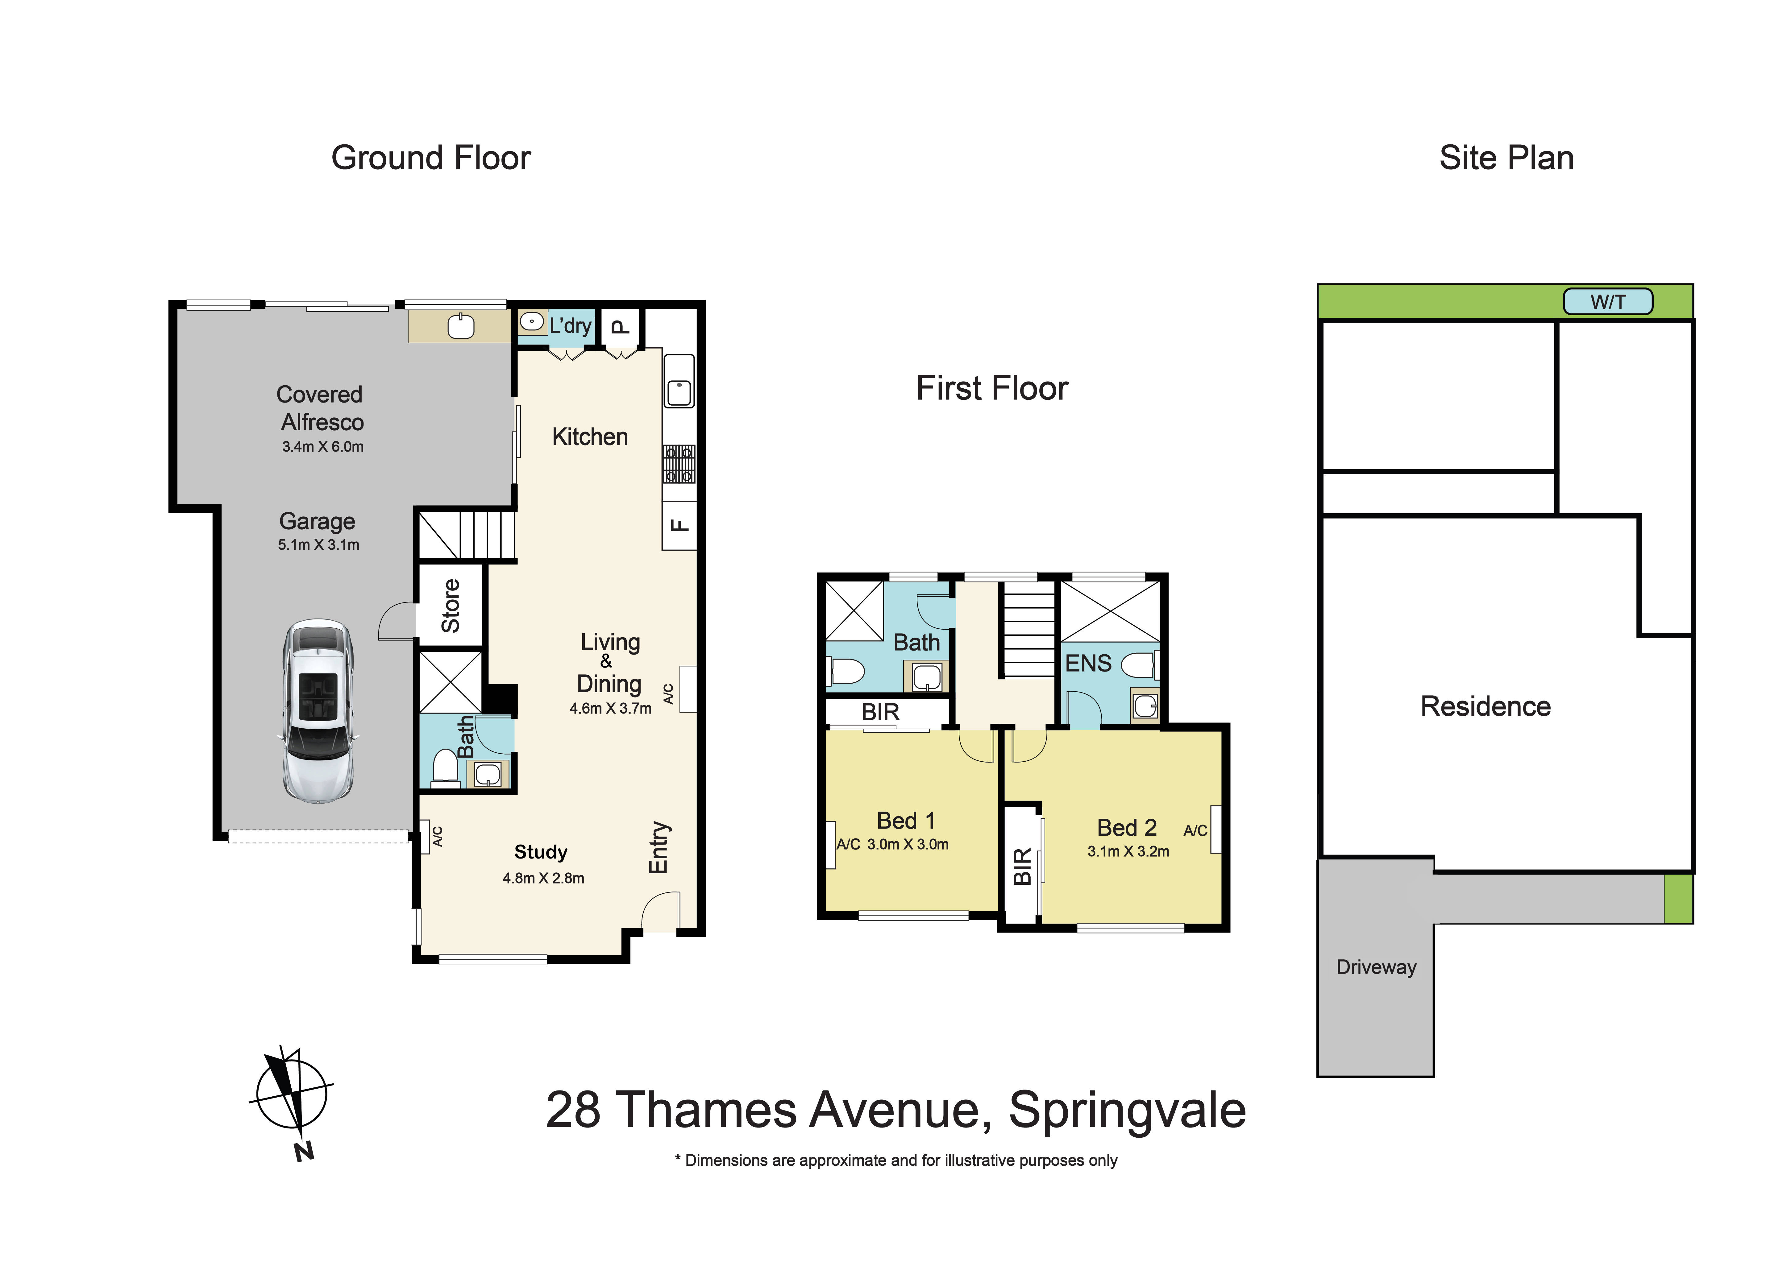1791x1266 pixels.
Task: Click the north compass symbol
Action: [293, 1096]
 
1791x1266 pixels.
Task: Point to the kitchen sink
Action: [679, 390]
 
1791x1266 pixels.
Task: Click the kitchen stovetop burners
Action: [679, 464]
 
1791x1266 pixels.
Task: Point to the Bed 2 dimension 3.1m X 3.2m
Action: [1128, 852]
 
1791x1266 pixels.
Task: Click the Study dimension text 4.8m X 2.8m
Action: [543, 878]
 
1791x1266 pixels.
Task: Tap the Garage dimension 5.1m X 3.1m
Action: [318, 545]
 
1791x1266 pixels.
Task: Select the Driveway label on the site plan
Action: [1376, 967]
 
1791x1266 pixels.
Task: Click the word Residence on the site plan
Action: [1485, 707]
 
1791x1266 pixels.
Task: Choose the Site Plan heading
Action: [1506, 158]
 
